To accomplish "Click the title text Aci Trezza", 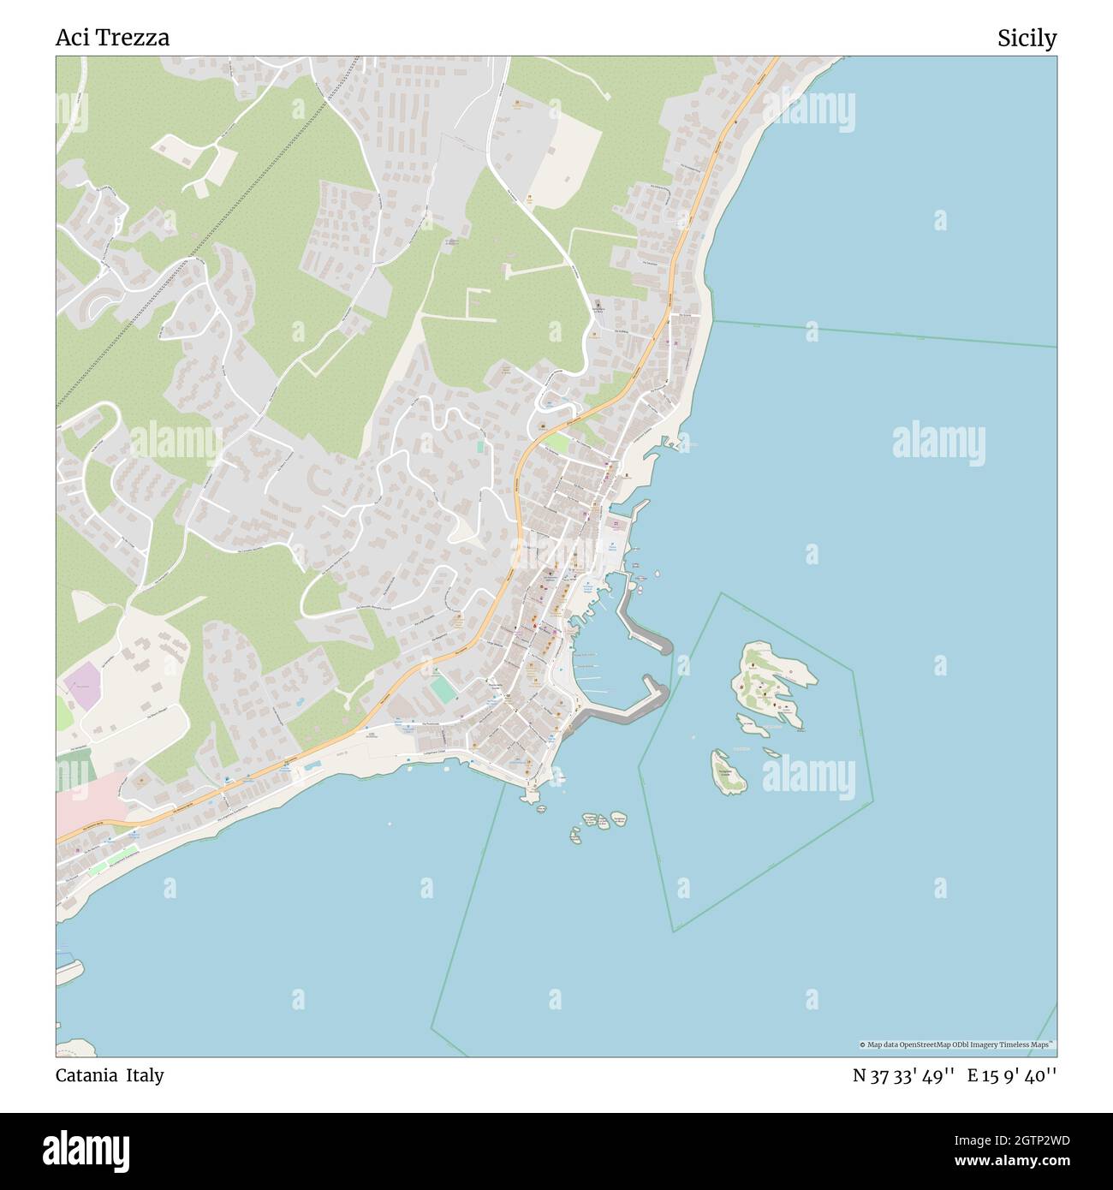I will click(x=112, y=38).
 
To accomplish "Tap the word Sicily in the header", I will click(x=1026, y=38).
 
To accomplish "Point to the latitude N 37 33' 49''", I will click(x=903, y=1075).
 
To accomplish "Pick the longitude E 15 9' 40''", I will click(x=1012, y=1075).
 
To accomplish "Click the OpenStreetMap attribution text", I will click(x=956, y=1044).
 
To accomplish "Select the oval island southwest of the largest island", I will click(x=727, y=771).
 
